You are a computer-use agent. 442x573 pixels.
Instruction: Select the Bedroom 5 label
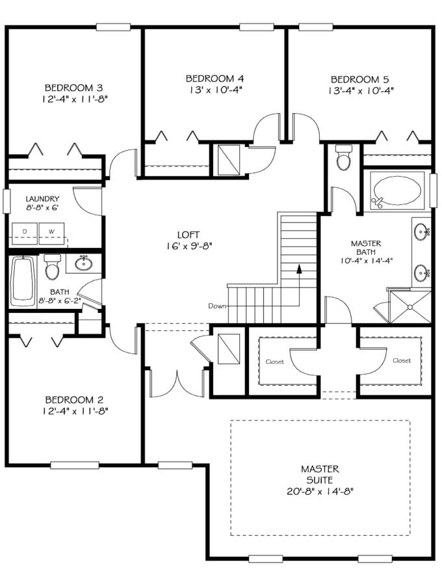[361, 79]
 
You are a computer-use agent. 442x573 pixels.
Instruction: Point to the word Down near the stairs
[217, 306]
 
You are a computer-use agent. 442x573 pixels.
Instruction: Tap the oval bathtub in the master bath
[396, 191]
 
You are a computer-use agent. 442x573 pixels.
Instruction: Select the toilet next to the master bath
[343, 158]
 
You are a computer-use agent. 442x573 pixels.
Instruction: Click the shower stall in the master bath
[409, 306]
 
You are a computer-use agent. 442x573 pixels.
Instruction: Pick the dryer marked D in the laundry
[25, 232]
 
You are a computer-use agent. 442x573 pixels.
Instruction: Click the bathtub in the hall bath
[23, 281]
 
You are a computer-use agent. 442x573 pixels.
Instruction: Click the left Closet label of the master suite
[274, 361]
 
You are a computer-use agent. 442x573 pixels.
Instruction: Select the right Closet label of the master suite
[402, 360]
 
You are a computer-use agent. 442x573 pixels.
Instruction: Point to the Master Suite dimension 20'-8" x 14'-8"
[320, 491]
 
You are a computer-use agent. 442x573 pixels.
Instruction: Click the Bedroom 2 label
[74, 400]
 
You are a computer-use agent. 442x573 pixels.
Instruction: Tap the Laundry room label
[42, 199]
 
